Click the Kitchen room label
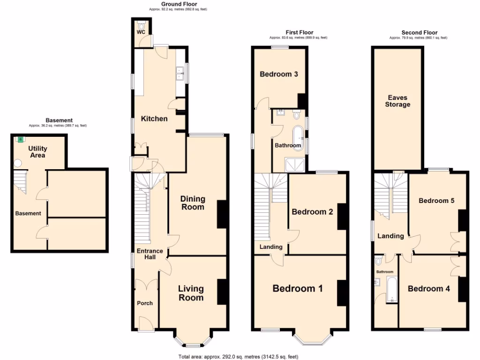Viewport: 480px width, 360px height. coord(154,119)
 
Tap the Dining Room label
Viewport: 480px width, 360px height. coord(192,203)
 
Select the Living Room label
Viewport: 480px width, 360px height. coord(191,293)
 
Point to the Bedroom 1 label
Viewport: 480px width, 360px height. coord(297,289)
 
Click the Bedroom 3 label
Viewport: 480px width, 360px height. coord(279,74)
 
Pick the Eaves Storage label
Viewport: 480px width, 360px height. coord(397,101)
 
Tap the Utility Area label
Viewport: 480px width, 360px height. coord(38,152)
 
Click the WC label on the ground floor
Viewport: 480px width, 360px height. coord(141,32)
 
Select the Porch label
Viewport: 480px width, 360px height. coord(144,303)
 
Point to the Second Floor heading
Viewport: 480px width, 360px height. coord(419,32)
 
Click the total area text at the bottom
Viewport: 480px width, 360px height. coord(238,357)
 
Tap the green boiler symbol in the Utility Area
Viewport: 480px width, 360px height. coord(20,139)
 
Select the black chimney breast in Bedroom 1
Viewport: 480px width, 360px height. coord(341,293)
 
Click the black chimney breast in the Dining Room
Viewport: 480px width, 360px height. coord(222,215)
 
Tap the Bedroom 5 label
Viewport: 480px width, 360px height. coord(436,201)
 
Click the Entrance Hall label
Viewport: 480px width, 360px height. coord(150,255)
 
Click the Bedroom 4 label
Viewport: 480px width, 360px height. coord(428,289)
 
